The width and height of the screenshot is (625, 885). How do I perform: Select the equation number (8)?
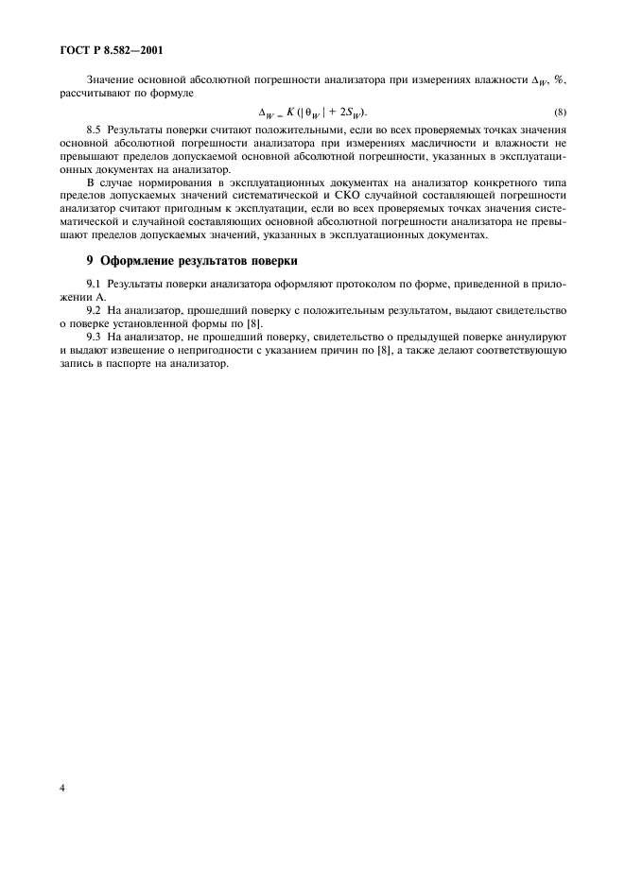[x=561, y=113]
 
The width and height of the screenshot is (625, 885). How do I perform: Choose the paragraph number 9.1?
[x=94, y=284]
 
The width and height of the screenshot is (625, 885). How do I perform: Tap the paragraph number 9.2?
[x=94, y=310]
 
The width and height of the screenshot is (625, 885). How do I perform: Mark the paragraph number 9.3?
[x=94, y=337]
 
